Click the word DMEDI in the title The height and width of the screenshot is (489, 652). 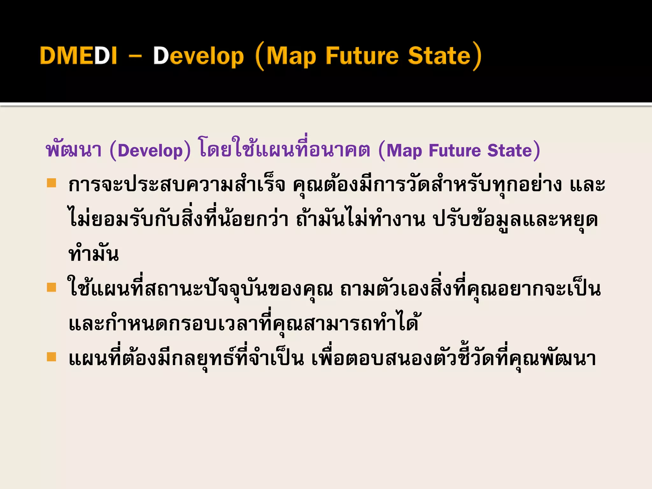[78, 56]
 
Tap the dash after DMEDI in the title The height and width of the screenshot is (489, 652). [135, 57]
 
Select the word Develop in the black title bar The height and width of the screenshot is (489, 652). [198, 56]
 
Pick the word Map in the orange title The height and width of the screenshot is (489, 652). [291, 56]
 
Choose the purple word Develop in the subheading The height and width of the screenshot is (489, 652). [150, 151]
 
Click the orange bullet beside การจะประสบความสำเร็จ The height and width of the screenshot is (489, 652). [51, 183]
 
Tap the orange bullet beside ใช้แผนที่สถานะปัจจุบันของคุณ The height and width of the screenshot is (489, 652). [51, 287]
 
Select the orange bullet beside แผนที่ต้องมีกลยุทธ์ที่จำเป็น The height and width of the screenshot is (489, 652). [51, 357]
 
